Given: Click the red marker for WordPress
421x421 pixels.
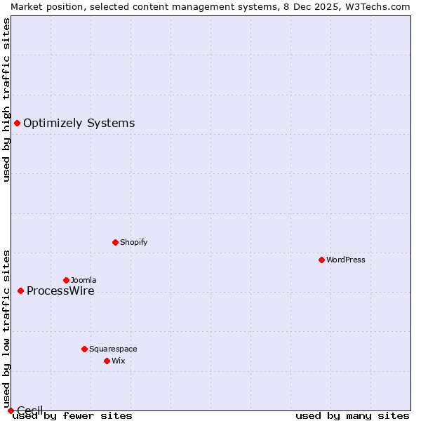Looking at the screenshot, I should point(321,260).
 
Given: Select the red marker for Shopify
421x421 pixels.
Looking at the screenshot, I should point(115,242).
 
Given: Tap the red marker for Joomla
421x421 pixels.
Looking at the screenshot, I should point(66,280).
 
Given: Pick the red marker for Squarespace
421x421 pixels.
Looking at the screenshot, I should point(84,349).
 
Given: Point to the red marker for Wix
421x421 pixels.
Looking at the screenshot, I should point(107,361).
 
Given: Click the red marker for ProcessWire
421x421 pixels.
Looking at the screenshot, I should point(20,290).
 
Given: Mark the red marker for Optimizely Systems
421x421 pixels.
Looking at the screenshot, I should point(17,123).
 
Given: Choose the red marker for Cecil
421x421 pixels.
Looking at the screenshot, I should point(11,410).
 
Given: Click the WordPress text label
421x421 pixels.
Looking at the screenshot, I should point(346,260).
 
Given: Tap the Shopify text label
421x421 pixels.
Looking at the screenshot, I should point(134,242).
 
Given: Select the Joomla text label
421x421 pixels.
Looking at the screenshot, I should point(83,280).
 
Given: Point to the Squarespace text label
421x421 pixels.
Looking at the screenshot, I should point(113,349).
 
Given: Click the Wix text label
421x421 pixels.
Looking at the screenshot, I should point(119,361).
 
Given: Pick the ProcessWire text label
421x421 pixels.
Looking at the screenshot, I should point(60,291).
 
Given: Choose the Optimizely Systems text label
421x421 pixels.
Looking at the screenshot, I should point(79,123).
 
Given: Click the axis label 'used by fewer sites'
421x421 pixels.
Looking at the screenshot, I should point(72,416).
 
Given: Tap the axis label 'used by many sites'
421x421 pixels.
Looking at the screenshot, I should point(352,416).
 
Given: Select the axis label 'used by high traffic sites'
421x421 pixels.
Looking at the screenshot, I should point(6,100).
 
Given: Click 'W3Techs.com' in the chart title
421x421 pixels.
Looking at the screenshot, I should point(381,6).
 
